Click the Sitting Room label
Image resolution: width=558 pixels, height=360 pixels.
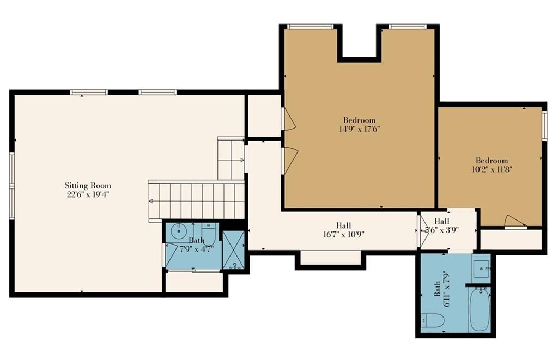click(88, 185)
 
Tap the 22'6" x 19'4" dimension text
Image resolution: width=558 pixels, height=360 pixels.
click(88, 194)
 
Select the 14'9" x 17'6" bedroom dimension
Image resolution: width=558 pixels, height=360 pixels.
click(360, 129)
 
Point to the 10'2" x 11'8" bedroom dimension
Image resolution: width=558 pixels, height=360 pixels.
click(492, 169)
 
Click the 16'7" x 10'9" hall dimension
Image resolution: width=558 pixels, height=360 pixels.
click(343, 234)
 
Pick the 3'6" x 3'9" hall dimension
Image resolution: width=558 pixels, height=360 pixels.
click(441, 230)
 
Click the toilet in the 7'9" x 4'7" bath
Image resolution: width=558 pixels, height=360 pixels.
click(209, 233)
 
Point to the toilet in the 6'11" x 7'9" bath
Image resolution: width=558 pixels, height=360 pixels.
click(433, 320)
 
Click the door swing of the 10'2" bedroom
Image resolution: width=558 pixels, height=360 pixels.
click(515, 221)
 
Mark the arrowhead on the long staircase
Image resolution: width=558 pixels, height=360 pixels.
click(151, 202)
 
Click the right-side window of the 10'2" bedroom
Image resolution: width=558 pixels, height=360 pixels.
click(544, 125)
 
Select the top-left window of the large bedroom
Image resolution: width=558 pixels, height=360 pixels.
click(310, 26)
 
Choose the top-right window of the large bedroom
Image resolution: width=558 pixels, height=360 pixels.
click(408, 26)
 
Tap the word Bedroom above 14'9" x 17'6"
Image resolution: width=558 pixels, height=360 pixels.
click(359, 120)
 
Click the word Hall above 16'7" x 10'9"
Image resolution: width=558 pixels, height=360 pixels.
click(343, 225)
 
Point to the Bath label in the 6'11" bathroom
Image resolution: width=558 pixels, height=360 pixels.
click(437, 289)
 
